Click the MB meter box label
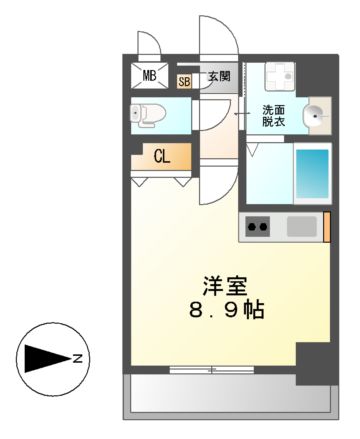coord(149,76)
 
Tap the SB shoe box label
coord(184,82)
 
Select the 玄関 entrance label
coord(219,77)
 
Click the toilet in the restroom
coord(148,115)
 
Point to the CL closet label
coord(162,156)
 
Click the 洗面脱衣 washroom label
coord(273,115)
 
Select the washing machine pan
coord(280,76)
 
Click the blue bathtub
coord(312,174)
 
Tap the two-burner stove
coord(257,227)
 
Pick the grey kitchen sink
coord(302,226)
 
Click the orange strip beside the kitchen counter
coord(327,227)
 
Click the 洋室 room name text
coord(225,286)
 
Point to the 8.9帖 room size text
coord(227,310)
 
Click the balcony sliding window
coord(212,370)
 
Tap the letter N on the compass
coord(78,358)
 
